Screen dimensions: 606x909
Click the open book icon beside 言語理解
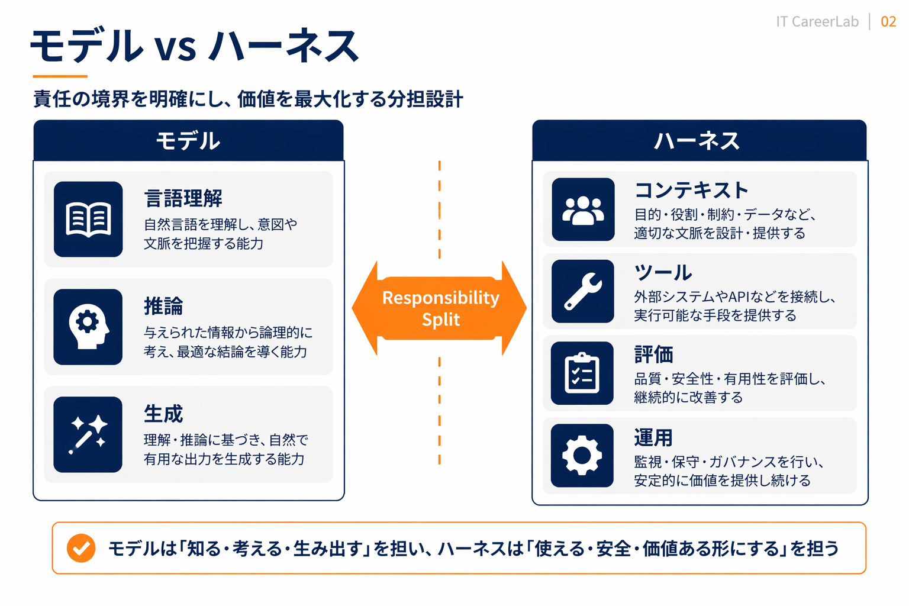coord(88,219)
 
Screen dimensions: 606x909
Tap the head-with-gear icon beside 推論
coord(88,327)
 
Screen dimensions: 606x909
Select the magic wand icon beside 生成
coord(88,434)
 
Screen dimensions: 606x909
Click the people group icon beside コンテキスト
coord(583,209)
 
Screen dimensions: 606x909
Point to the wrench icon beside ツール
coord(583,291)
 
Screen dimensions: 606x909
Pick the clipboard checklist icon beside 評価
coord(582,373)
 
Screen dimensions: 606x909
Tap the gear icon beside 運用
coord(582,456)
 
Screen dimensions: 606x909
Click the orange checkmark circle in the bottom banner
coord(81,548)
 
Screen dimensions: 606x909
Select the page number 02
coord(888,22)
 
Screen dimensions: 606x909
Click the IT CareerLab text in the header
coord(817,22)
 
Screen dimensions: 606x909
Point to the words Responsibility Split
coord(441,308)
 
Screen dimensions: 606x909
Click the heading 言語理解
coord(183,198)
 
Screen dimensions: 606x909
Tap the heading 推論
coord(164,306)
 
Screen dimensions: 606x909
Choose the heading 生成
coord(164,414)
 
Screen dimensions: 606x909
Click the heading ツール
coord(663,272)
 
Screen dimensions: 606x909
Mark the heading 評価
coord(654,354)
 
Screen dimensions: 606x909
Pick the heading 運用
coord(654,437)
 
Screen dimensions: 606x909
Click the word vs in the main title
coord(175,47)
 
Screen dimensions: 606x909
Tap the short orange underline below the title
coord(60,76)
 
